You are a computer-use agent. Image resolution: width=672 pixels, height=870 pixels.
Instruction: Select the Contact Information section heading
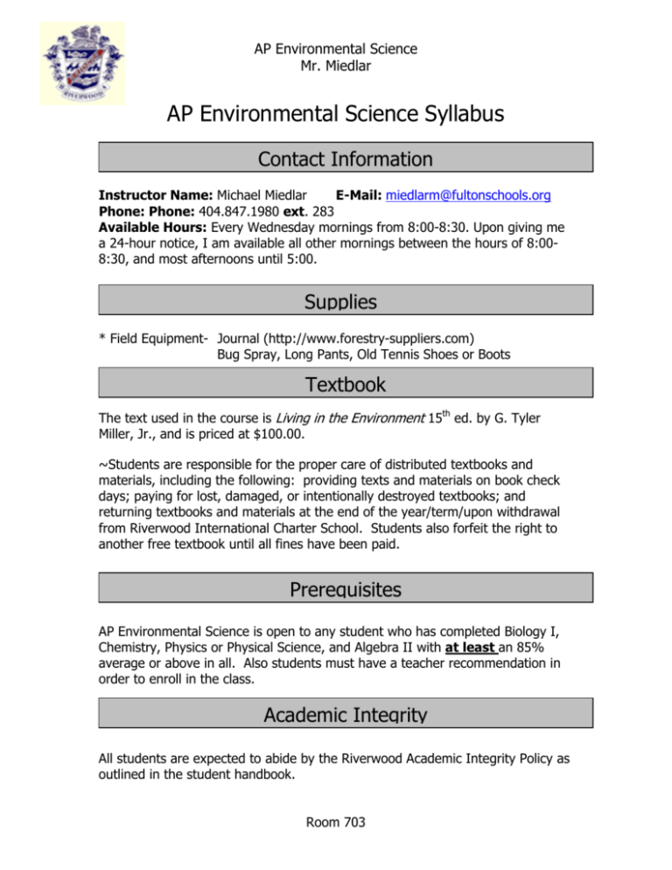click(x=346, y=159)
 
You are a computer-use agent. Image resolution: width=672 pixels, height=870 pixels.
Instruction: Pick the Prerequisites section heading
click(x=346, y=591)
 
